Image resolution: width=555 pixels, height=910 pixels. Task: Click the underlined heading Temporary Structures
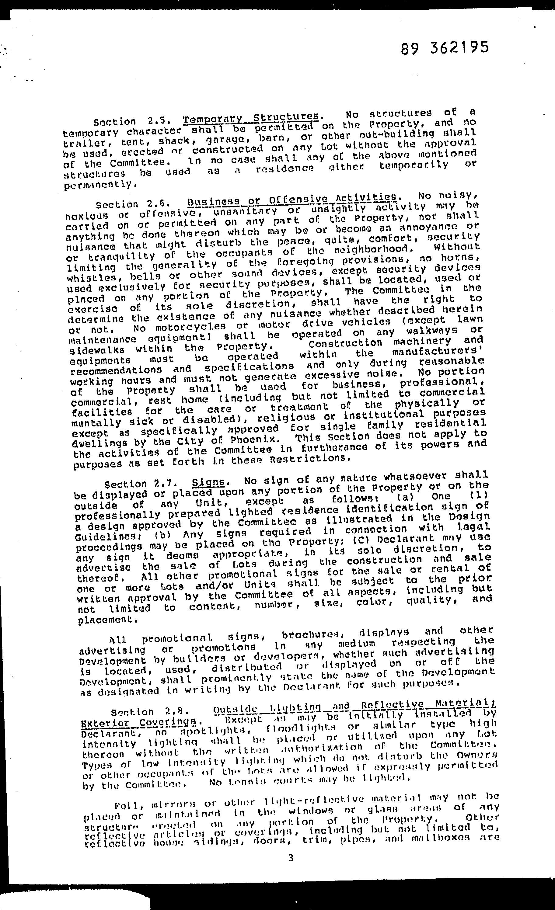(251, 118)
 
